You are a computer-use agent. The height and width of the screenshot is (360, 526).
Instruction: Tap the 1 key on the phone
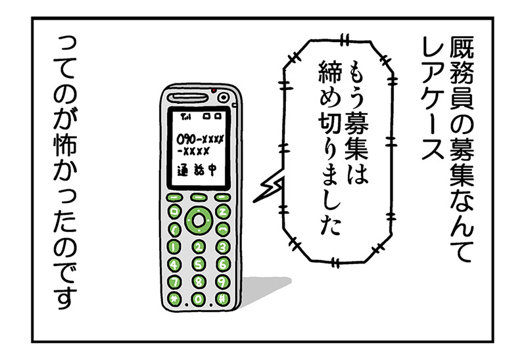click(174, 248)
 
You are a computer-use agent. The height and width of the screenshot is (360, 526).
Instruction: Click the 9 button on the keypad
click(222, 282)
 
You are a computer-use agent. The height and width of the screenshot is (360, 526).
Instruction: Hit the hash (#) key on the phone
click(222, 298)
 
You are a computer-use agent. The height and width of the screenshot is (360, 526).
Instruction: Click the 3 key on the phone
click(222, 248)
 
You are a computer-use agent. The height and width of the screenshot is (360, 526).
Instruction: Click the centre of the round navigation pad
click(199, 221)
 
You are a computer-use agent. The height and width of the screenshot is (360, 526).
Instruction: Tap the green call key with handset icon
click(174, 230)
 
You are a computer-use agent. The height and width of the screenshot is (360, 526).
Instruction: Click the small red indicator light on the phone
click(213, 91)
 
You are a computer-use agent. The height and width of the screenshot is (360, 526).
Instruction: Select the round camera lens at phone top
click(223, 98)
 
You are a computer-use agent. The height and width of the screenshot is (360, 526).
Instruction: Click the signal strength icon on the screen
click(185, 117)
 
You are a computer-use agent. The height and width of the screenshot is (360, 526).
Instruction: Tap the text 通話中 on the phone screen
click(197, 171)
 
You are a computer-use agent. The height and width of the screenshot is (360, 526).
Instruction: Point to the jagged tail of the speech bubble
click(267, 189)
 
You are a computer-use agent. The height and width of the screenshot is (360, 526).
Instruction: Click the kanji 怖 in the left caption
click(64, 146)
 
